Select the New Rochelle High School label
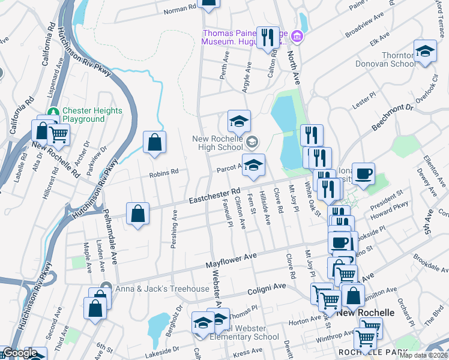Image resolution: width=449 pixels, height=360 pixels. [x=217, y=143]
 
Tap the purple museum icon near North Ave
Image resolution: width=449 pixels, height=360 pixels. [x=297, y=38]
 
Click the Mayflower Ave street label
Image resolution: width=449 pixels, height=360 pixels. [x=231, y=260]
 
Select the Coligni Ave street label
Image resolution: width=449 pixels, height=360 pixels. [x=267, y=289]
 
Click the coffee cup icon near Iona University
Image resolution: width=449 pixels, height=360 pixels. [x=363, y=174]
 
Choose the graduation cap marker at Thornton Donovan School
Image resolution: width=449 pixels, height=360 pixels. [x=424, y=51]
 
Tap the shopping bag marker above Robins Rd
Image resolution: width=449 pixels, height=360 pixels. [x=154, y=143]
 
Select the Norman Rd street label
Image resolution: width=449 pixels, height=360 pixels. [x=179, y=9]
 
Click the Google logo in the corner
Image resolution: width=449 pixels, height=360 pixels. [x=20, y=353]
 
